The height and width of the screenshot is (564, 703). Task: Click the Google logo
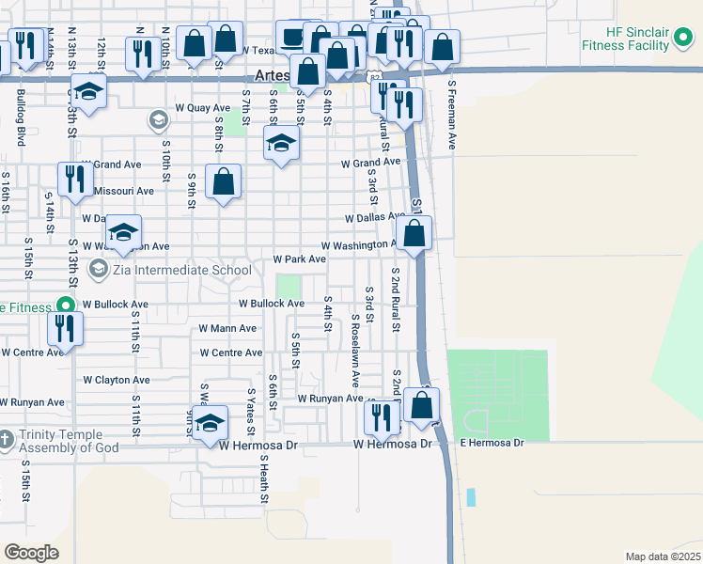pyautogui.click(x=31, y=552)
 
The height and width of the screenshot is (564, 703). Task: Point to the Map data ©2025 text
pyautogui.click(x=663, y=556)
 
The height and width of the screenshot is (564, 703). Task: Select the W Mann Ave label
pyautogui.click(x=227, y=329)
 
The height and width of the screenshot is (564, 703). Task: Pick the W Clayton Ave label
pyautogui.click(x=116, y=380)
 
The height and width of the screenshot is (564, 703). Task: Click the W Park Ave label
pyautogui.click(x=299, y=258)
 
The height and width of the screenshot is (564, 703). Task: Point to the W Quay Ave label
pyautogui.click(x=195, y=108)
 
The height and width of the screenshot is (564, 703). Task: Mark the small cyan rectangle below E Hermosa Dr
pyautogui.click(x=471, y=497)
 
